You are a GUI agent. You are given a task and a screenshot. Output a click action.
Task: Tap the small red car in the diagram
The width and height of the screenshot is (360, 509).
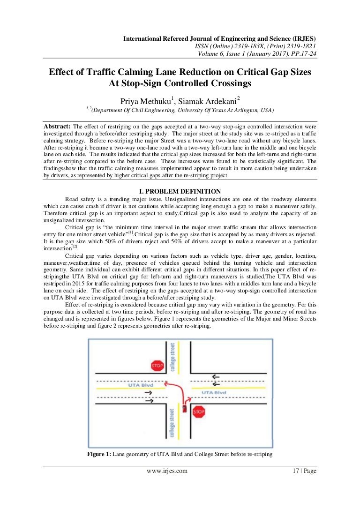pos(185,409)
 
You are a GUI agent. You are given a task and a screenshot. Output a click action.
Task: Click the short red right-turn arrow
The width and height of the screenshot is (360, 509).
pos(187,399)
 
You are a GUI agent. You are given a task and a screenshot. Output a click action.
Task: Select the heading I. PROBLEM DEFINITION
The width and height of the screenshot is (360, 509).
pos(180,191)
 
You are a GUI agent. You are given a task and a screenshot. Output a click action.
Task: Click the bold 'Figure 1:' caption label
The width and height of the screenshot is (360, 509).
pos(99,454)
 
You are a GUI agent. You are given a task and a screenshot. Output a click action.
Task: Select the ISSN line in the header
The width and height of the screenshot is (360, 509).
pos(255,46)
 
